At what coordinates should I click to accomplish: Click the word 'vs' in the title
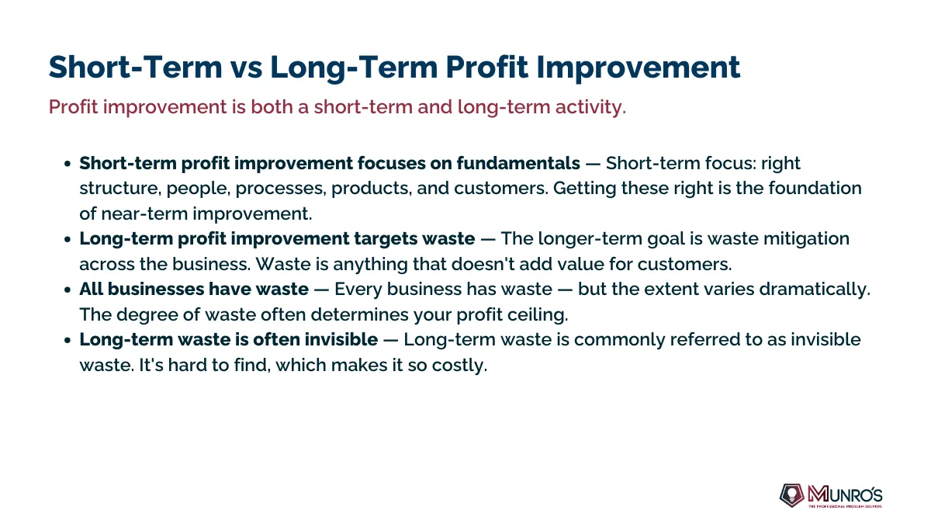tap(246, 68)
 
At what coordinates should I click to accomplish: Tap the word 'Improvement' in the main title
tap(639, 68)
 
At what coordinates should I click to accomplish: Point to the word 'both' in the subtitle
tap(272, 107)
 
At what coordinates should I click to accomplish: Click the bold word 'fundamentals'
tap(518, 163)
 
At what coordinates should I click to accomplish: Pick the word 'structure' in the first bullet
tap(119, 189)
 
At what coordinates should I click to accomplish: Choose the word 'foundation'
tap(815, 188)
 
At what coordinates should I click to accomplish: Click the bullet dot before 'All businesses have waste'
tap(67, 290)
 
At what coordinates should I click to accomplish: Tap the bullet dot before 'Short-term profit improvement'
tap(67, 164)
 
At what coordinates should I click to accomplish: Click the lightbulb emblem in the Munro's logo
tap(792, 495)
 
